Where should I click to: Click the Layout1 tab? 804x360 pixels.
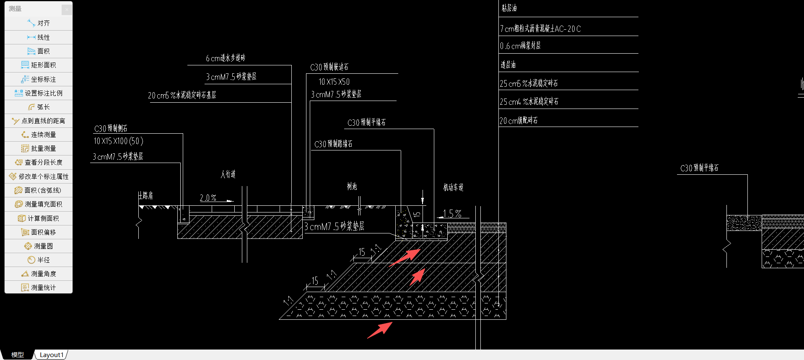(x=51, y=355)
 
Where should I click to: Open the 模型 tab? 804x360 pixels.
(x=17, y=355)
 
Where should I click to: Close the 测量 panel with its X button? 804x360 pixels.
(x=67, y=9)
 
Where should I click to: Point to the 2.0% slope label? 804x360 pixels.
(x=208, y=198)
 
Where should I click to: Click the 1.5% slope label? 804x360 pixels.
(x=452, y=214)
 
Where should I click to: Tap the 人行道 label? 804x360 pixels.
(x=228, y=174)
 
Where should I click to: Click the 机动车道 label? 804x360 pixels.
(x=453, y=187)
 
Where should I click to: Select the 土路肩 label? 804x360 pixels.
(x=145, y=195)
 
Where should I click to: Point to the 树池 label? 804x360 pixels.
(x=352, y=186)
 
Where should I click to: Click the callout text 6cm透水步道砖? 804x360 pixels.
(x=226, y=58)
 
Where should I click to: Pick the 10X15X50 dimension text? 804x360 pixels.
(x=334, y=82)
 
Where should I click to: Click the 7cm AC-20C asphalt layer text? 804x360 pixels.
(x=540, y=28)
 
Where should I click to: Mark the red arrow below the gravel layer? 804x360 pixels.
(x=380, y=330)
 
